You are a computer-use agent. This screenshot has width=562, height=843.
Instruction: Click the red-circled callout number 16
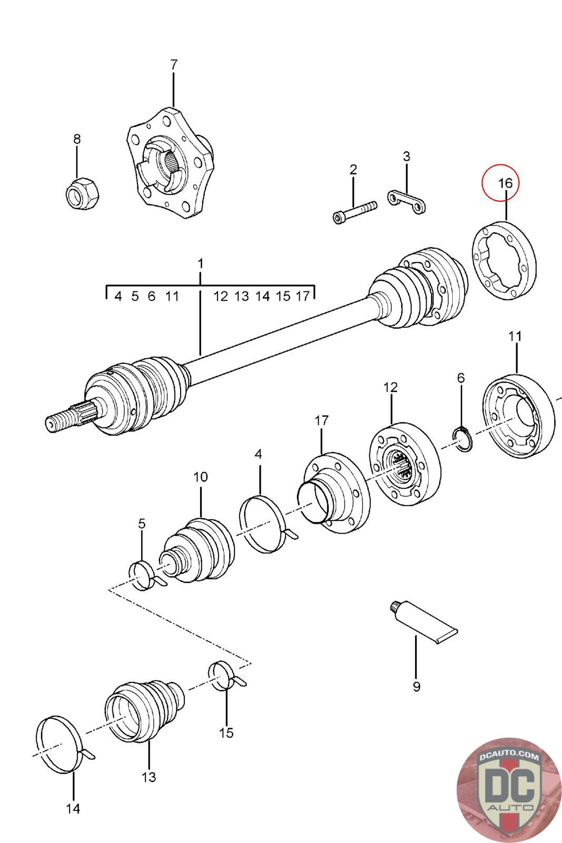505,184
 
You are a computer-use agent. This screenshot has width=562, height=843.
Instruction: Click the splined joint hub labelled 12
403,464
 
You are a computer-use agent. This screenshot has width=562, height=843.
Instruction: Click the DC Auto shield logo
508,790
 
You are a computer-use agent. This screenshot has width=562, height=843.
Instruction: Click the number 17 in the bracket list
303,296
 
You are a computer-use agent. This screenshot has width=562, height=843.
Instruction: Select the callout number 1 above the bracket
200,263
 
